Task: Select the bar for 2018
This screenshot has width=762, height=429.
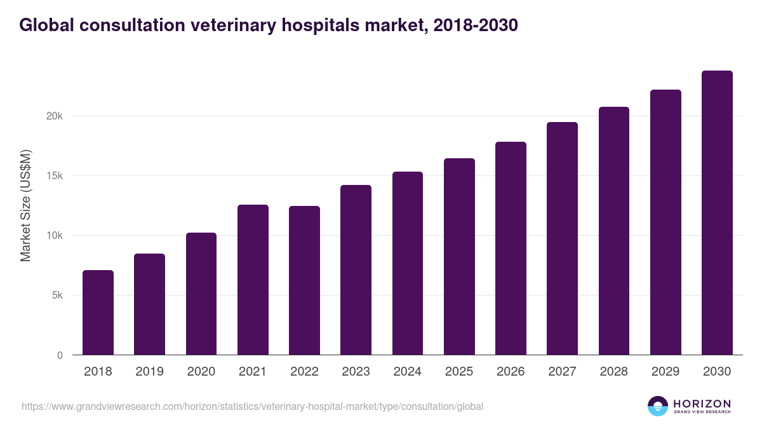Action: [98, 313]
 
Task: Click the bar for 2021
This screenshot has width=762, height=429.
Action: [253, 280]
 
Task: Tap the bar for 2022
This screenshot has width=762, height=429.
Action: [304, 280]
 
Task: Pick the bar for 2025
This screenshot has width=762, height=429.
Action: [459, 257]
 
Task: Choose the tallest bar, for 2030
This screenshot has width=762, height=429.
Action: [717, 213]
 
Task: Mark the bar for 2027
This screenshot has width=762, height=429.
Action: [562, 238]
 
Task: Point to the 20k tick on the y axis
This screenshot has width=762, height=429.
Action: [54, 116]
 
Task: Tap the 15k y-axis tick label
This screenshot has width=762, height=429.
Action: [54, 176]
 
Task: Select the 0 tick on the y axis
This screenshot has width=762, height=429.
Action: [60, 355]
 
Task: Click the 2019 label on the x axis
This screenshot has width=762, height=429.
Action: [149, 372]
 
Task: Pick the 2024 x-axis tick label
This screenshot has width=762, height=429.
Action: [407, 372]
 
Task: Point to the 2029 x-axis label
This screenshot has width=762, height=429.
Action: [665, 372]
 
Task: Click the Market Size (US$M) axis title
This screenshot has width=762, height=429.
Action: [25, 205]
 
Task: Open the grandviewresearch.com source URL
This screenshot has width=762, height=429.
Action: [252, 406]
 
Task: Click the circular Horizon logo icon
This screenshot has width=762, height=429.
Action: [658, 406]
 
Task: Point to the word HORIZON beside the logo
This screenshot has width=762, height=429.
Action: [702, 404]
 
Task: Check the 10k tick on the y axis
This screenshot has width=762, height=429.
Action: [54, 236]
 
